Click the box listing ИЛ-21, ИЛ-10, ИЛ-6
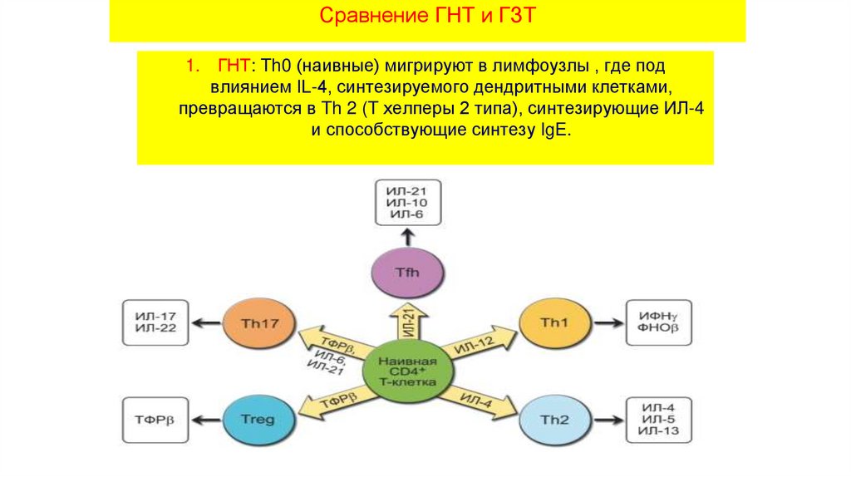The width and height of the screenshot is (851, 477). point(407,203)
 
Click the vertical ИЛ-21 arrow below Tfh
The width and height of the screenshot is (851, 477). point(407,320)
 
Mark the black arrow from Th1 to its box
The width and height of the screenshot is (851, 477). point(609,322)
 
